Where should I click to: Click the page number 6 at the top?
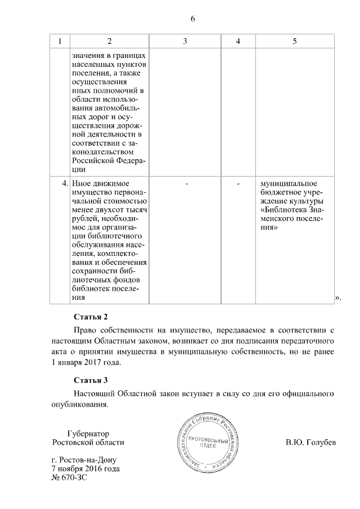click(192, 19)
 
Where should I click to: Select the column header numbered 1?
click(60, 42)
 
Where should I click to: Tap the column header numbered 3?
click(185, 42)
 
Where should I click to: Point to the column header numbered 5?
click(295, 42)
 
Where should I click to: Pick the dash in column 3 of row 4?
click(186, 184)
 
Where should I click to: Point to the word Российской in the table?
click(91, 161)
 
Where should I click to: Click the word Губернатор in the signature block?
click(88, 434)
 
